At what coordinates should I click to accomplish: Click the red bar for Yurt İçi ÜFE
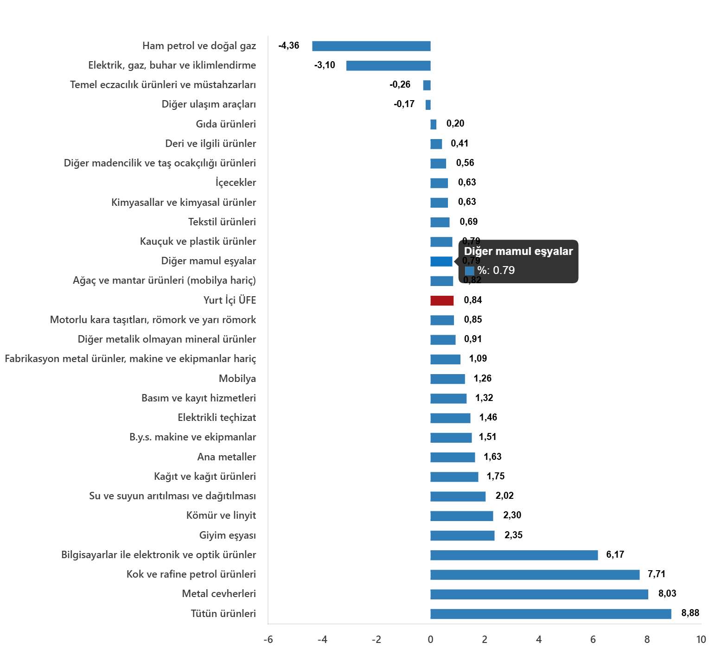(x=441, y=300)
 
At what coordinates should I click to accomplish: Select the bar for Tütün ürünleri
(x=550, y=614)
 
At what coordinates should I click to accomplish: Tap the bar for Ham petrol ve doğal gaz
(x=371, y=46)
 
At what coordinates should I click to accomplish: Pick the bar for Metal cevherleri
(x=539, y=594)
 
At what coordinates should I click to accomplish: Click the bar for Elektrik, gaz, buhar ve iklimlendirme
(x=388, y=65)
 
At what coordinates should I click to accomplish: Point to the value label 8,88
(x=690, y=613)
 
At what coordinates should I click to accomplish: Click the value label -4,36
(x=288, y=45)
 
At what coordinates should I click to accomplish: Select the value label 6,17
(x=615, y=554)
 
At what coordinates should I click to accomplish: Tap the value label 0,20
(x=455, y=123)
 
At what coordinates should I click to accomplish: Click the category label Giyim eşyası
(x=227, y=535)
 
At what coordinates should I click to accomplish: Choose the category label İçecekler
(x=236, y=182)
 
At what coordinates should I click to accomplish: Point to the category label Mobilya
(x=237, y=378)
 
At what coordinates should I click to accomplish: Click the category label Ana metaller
(x=226, y=457)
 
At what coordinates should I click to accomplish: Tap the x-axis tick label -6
(x=268, y=640)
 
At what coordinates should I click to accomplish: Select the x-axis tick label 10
(x=701, y=640)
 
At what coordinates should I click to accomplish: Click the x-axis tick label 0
(x=430, y=640)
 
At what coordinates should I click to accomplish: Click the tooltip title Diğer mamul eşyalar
(x=518, y=251)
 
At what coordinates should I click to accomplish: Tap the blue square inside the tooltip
(x=469, y=271)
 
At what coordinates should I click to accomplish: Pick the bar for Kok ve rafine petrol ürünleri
(x=535, y=575)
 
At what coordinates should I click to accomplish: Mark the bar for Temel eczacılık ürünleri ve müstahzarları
(x=427, y=85)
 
